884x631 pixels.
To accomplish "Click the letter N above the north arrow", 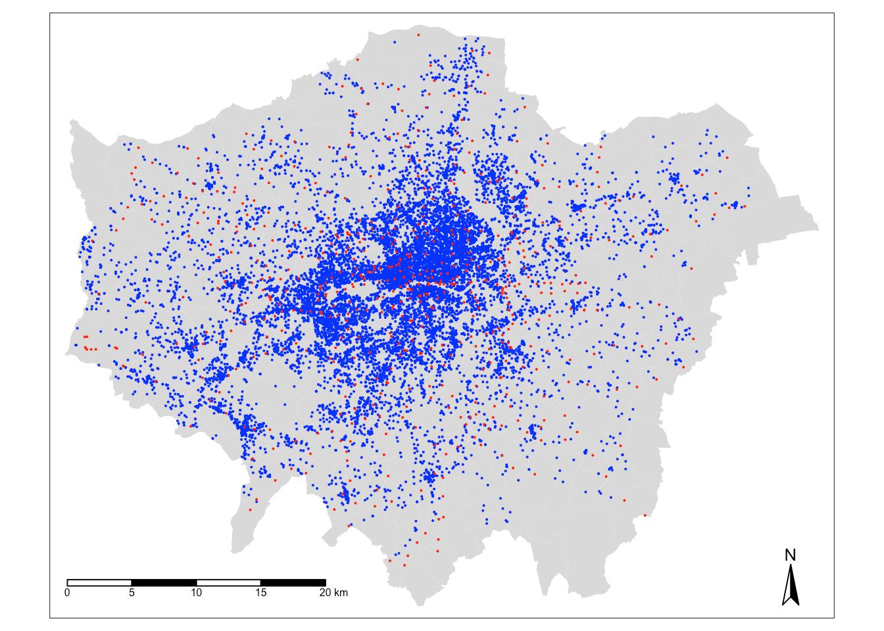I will (790, 555).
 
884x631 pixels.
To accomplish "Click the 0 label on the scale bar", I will (67, 593).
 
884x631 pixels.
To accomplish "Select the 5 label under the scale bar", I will (132, 593).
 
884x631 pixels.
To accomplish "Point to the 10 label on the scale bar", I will (196, 593).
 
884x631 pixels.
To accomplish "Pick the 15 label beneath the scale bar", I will (260, 593).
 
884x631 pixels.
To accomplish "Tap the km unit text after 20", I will (341, 593).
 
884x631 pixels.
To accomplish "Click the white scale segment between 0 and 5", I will (99, 582).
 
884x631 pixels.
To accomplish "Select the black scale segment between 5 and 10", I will (164, 582).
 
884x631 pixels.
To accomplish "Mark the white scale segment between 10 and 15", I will (228, 582).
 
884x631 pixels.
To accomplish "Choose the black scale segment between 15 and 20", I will (293, 582).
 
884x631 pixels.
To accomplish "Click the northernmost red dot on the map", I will (418, 35).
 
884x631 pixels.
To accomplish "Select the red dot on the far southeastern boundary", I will (645, 515).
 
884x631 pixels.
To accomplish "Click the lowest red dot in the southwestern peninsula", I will (250, 509).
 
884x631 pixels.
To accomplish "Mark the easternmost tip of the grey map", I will (818, 229).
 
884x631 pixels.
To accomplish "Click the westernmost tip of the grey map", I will (65, 354).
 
